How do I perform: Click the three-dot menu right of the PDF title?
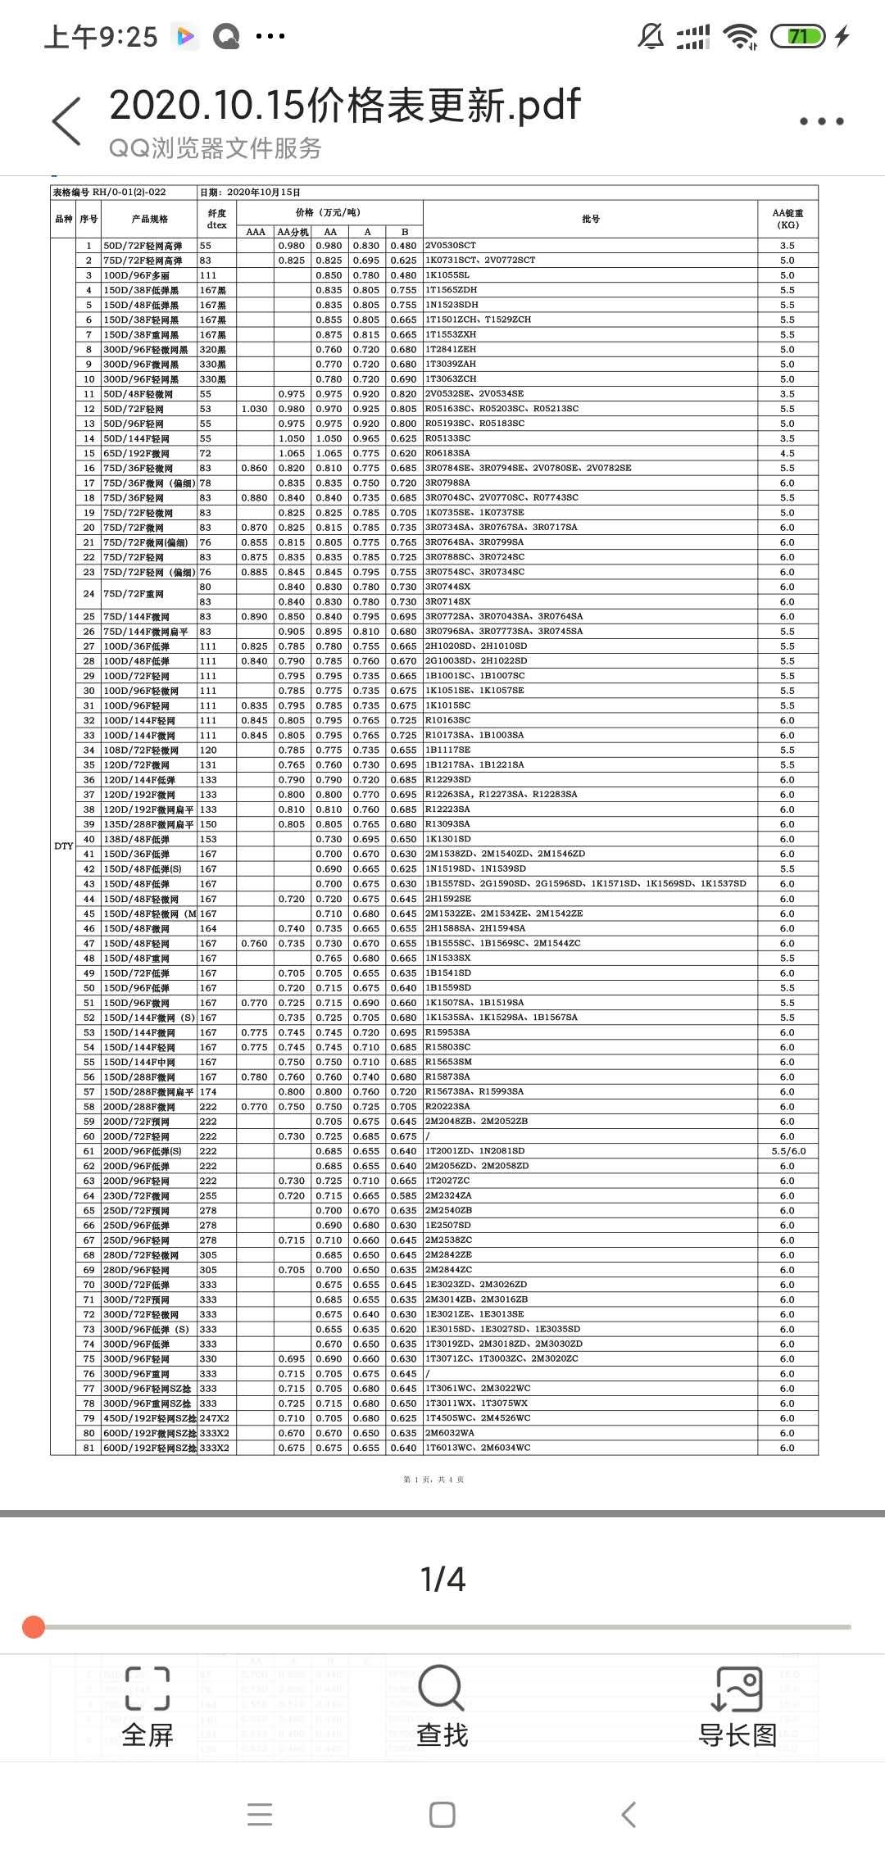pyautogui.click(x=821, y=121)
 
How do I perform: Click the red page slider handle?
pyautogui.click(x=34, y=1626)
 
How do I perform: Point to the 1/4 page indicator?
pyautogui.click(x=442, y=1580)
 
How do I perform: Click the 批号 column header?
pyautogui.click(x=591, y=219)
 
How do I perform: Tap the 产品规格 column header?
pyautogui.click(x=150, y=219)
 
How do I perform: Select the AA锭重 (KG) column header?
pyautogui.click(x=787, y=219)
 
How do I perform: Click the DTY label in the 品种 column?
pyautogui.click(x=64, y=846)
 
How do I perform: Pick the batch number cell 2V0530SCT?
pyautogui.click(x=451, y=246)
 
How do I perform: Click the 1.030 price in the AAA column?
pyautogui.click(x=255, y=409)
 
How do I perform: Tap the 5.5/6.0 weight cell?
pyautogui.click(x=787, y=1151)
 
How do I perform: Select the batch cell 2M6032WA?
pyautogui.click(x=449, y=1433)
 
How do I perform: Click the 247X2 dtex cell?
pyautogui.click(x=215, y=1418)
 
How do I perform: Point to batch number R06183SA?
pyautogui.click(x=447, y=453)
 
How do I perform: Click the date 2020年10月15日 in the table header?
pyautogui.click(x=264, y=193)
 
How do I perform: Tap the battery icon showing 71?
pyautogui.click(x=797, y=36)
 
